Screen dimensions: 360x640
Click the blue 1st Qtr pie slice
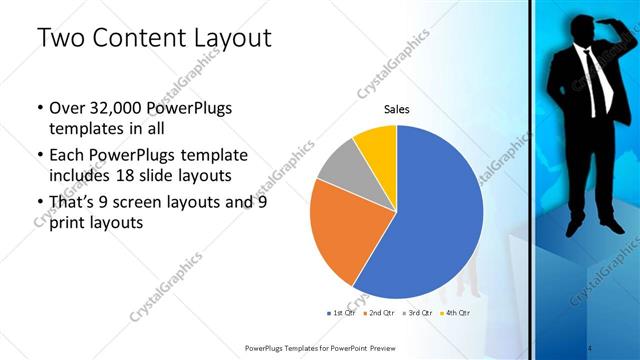point(430,220)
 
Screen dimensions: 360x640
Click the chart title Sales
point(397,110)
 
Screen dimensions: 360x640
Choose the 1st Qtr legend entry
point(344,313)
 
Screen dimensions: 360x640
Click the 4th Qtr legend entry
point(454,313)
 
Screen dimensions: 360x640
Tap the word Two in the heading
point(61,39)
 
